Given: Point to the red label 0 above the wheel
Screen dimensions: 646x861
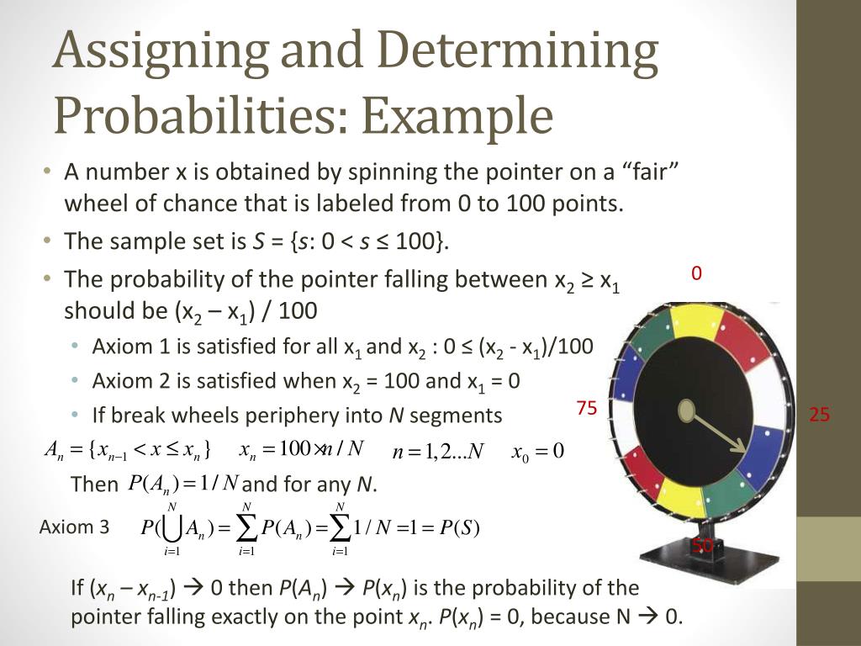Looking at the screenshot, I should click(x=696, y=273).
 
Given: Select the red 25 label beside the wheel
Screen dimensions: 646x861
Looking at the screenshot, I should click(x=820, y=415).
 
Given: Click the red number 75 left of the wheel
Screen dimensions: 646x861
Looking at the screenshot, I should click(x=587, y=409).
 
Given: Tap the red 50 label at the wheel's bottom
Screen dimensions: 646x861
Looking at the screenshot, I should click(x=703, y=546).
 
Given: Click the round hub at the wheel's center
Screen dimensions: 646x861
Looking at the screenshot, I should click(x=687, y=410).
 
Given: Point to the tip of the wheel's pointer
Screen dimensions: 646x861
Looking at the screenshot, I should click(x=743, y=450).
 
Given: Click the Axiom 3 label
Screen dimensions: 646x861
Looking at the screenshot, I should click(x=74, y=527).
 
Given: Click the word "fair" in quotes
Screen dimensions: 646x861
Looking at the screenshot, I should click(x=646, y=172).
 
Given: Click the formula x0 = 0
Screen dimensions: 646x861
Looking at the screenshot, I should click(x=537, y=451).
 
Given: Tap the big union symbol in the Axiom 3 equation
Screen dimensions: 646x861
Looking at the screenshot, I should click(x=172, y=527).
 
